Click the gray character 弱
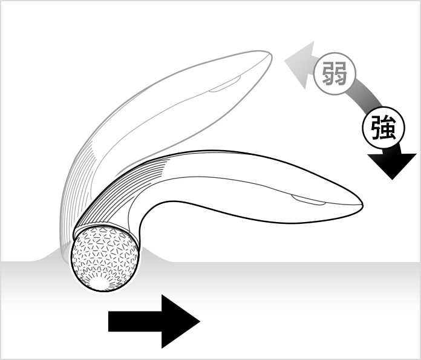coord(335,73)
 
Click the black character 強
coord(383,127)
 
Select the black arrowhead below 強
coord(392,165)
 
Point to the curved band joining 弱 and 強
coord(363,97)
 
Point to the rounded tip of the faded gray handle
coord(270,56)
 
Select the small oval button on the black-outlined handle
coord(308,200)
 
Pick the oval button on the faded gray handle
coord(225,84)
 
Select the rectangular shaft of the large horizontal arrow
coord(135,321)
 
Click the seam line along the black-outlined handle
coord(241,183)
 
